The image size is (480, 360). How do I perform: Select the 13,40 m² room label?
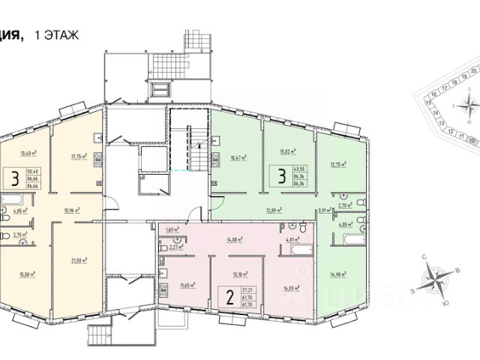click(x=29, y=153)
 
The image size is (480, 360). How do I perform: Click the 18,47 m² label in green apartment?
click(x=240, y=157)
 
